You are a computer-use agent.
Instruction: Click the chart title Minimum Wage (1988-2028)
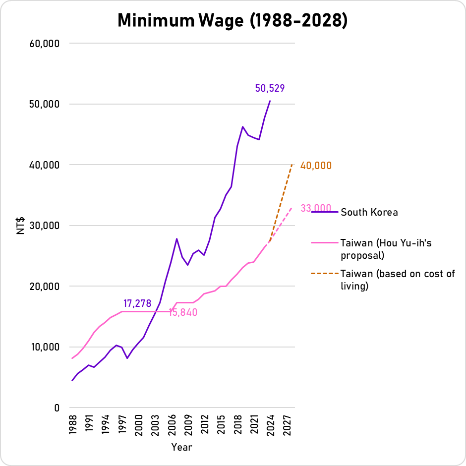233,20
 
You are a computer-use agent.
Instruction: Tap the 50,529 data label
270,89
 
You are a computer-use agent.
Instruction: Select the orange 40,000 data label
316,166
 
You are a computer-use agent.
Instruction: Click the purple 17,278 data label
137,303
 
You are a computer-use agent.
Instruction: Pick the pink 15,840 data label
183,313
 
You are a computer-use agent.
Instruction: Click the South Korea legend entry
369,212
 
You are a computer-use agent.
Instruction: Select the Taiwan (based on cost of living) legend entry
398,280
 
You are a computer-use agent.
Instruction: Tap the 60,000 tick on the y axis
45,44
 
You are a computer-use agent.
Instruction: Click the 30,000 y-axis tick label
45,226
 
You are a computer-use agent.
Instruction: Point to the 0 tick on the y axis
57,408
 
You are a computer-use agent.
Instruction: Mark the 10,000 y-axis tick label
45,347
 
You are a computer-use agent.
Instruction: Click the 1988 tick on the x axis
72,425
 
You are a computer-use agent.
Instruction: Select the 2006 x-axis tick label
172,425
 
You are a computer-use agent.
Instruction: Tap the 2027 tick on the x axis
287,425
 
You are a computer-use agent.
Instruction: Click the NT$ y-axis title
21,225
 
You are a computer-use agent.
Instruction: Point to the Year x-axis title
181,447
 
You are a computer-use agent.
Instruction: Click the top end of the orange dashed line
292,165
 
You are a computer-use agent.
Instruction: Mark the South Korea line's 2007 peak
176,239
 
